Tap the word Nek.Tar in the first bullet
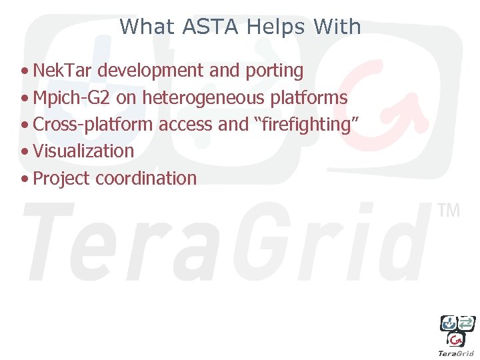coord(57,70)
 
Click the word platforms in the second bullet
coord(309,98)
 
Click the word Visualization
coord(83,151)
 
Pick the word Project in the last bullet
coord(62,179)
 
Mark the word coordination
coord(147,179)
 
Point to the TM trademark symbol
coord(449,211)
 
